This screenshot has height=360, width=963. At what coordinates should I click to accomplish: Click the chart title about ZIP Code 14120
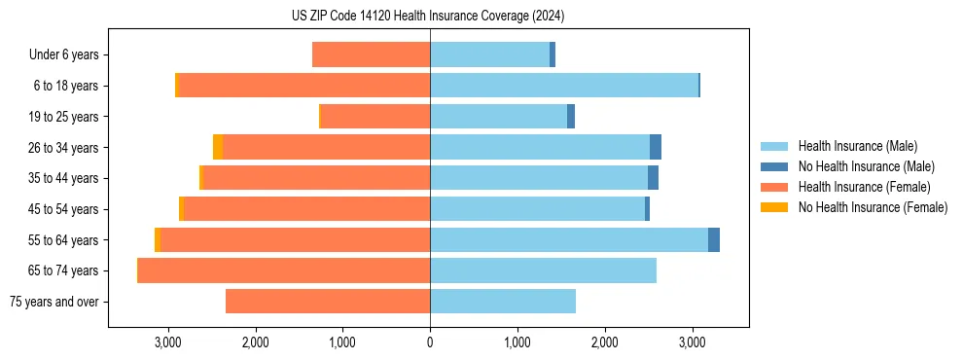[428, 17]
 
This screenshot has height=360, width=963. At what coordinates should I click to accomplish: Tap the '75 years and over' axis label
[53, 302]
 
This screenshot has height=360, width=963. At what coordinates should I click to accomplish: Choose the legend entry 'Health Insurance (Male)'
[857, 146]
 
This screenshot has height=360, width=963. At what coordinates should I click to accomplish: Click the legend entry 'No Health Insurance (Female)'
[873, 207]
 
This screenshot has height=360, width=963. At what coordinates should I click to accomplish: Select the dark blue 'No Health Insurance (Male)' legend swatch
[775, 166]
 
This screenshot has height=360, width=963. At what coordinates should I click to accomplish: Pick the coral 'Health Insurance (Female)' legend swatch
[775, 187]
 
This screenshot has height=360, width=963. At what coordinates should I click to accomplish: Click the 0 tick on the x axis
[430, 342]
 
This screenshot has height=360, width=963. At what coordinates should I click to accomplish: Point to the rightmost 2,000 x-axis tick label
[604, 342]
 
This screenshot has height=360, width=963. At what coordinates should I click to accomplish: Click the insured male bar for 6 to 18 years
[564, 86]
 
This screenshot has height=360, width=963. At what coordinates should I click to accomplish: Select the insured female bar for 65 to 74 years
[284, 270]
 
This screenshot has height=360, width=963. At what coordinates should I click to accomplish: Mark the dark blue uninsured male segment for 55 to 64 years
[714, 239]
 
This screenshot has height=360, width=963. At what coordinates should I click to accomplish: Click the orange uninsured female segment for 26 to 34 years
[218, 147]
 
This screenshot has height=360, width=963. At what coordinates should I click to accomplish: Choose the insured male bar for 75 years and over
[503, 302]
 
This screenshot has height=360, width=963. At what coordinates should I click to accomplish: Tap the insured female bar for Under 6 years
[371, 54]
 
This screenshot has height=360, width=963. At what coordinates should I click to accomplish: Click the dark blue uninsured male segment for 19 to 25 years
[571, 117]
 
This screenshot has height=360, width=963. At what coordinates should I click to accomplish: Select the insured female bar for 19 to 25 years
[375, 117]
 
